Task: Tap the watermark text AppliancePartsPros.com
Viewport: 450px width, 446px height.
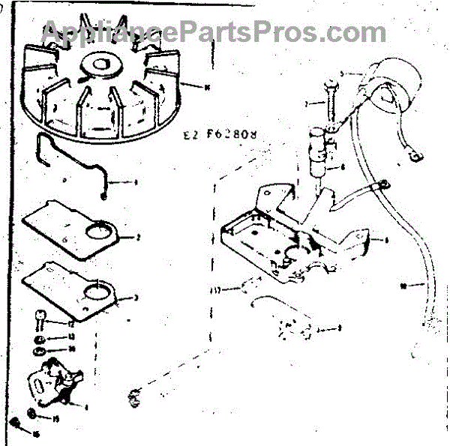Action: [214, 31]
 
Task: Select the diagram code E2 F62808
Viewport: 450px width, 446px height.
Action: [221, 136]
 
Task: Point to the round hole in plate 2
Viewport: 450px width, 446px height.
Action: [97, 235]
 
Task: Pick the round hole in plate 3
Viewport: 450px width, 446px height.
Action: [95, 292]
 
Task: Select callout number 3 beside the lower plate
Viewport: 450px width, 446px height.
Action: [136, 298]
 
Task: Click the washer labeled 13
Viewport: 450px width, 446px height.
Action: [37, 337]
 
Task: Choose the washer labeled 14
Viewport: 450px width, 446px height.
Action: [37, 350]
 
